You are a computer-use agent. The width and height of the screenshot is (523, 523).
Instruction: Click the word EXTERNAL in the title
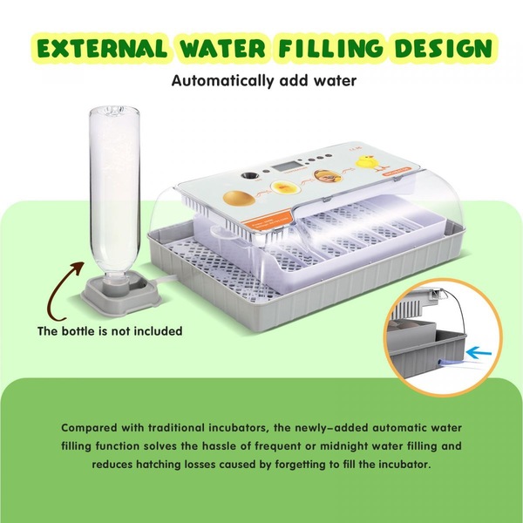pos(102,48)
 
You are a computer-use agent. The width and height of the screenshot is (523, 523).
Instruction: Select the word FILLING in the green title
pos(331,48)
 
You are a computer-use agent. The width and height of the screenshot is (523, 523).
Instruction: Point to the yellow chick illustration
pos(370,163)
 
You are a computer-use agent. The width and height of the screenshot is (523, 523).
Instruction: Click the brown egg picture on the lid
pos(239,198)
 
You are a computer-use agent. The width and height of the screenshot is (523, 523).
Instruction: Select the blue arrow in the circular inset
pos(479,352)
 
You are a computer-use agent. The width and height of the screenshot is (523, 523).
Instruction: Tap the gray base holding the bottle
pos(122,294)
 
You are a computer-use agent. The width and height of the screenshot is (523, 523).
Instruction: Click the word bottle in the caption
pos(74,331)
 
